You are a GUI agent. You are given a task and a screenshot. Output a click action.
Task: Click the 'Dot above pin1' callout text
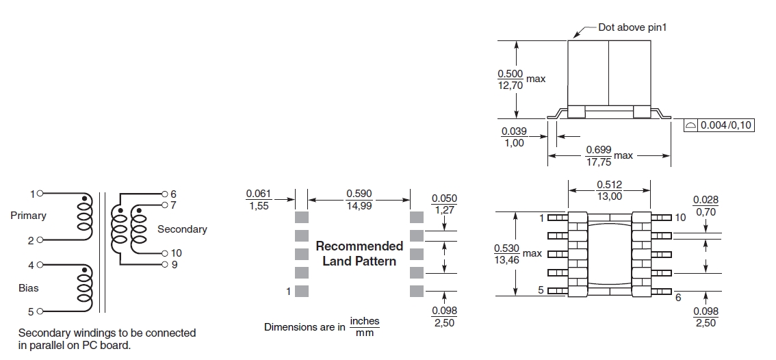(x=632, y=27)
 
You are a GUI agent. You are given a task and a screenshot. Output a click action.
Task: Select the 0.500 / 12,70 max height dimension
(x=521, y=79)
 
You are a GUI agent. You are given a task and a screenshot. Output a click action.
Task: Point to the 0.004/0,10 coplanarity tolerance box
(x=719, y=125)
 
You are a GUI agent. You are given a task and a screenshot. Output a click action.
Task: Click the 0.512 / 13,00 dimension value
(x=609, y=190)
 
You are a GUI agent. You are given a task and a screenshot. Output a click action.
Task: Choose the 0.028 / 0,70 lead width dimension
(x=706, y=206)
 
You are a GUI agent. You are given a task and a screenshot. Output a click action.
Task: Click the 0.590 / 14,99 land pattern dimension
(x=359, y=200)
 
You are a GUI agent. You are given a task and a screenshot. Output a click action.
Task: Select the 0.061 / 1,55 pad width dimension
(x=259, y=200)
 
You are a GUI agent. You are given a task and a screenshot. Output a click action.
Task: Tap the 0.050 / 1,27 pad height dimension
(x=444, y=204)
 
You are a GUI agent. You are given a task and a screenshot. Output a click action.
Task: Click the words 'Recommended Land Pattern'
(x=359, y=253)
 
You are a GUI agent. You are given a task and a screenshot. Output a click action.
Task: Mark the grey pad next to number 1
(x=302, y=291)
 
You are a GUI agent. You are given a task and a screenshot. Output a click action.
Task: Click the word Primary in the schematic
(x=28, y=216)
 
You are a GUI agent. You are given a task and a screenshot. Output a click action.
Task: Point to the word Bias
(x=28, y=287)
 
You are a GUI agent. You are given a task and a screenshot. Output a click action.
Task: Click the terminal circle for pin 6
(x=165, y=194)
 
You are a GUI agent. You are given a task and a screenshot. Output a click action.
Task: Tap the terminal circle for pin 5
(x=40, y=311)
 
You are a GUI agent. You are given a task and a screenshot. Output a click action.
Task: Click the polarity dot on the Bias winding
(x=85, y=270)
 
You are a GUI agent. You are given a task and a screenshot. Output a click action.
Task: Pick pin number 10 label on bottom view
(x=680, y=218)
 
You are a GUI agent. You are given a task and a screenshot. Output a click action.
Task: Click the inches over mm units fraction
(x=365, y=327)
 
